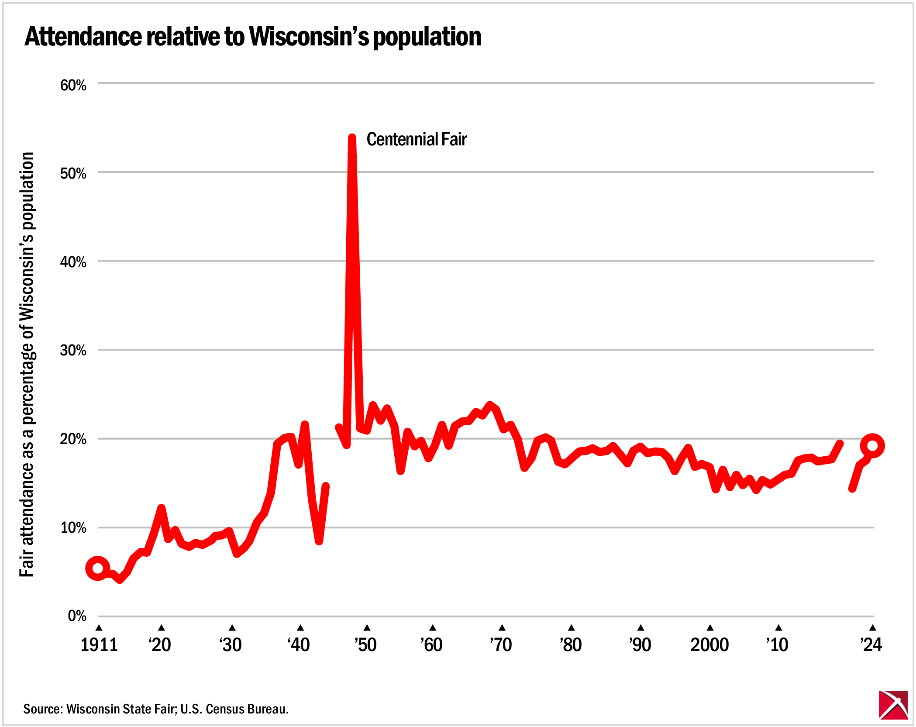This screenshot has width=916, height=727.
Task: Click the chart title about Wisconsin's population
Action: [253, 36]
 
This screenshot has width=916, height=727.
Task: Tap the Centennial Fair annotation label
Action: [416, 139]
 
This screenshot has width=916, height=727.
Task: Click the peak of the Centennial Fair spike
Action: [352, 138]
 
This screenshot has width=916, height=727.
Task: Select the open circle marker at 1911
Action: [98, 568]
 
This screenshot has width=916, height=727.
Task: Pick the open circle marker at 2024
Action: [872, 446]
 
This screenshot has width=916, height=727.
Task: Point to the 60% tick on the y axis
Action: [73, 85]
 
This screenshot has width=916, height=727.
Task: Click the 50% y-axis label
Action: [73, 173]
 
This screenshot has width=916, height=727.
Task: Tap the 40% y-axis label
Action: [73, 262]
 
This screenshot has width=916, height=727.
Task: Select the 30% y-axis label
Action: [73, 350]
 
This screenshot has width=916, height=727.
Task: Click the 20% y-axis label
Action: [73, 439]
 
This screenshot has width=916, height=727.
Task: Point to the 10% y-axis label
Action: [73, 527]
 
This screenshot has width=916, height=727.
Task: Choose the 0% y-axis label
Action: [77, 616]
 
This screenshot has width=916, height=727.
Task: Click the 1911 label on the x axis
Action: [99, 645]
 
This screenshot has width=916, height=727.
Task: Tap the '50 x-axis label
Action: [365, 645]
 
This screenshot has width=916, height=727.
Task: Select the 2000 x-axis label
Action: [709, 645]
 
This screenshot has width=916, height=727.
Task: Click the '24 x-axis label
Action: [871, 645]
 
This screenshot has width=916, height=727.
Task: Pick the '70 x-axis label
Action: [501, 645]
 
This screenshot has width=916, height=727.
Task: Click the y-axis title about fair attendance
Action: [27, 365]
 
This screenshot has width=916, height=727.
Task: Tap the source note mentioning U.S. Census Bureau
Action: [156, 709]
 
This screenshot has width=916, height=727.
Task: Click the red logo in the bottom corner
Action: [893, 705]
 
